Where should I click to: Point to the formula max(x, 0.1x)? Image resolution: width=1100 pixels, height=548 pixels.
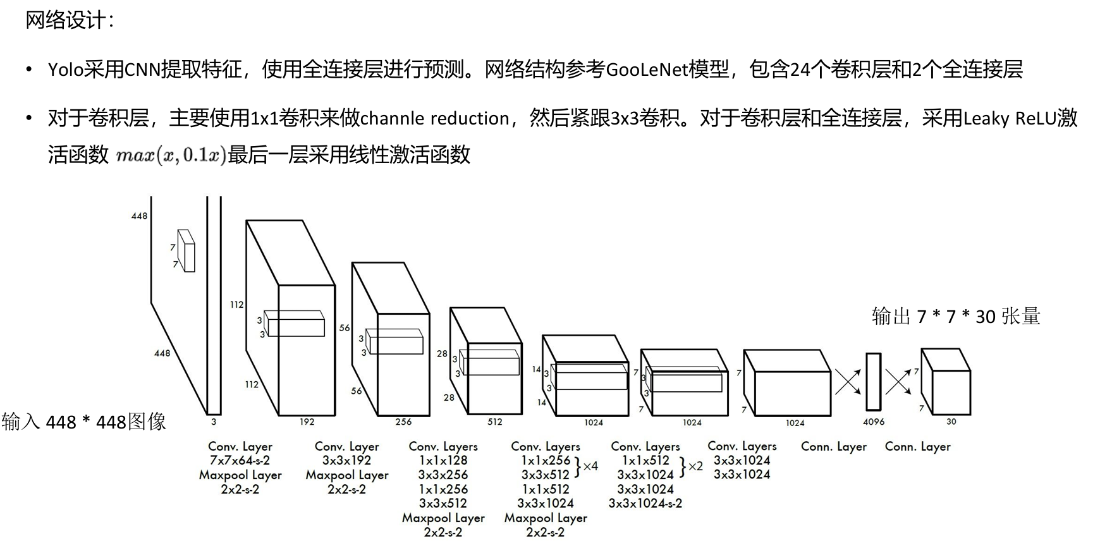171,155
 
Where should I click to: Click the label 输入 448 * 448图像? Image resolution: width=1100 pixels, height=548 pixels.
84,422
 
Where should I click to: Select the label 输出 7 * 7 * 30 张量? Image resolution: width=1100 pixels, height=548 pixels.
956,316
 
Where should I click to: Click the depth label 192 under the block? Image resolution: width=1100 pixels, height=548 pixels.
307,422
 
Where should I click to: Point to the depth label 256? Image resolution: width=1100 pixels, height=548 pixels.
403,422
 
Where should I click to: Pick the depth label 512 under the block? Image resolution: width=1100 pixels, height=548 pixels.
495,422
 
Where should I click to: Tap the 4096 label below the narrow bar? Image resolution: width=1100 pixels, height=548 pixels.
874,422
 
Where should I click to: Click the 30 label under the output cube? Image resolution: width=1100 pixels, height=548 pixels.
951,422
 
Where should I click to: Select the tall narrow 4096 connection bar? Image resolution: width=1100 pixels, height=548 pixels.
873,382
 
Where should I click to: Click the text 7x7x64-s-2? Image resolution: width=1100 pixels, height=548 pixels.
240,461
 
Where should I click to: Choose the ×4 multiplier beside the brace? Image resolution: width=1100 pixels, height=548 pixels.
590,466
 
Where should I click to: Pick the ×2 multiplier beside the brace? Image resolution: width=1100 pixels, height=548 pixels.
695,466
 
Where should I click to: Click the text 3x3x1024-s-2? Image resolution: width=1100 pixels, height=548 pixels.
645,503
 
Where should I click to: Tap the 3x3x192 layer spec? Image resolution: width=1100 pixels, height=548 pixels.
346,461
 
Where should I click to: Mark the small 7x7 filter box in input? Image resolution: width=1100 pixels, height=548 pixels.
186,251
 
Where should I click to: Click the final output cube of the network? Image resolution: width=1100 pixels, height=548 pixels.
946,382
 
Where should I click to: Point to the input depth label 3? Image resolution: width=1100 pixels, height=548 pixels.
214,422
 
